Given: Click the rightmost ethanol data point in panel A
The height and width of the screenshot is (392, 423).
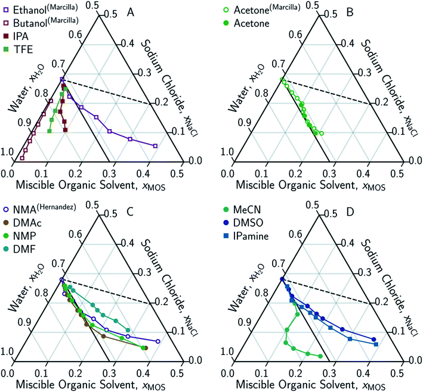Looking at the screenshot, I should coord(156,146).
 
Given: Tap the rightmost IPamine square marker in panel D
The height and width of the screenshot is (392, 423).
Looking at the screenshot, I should coord(376,344).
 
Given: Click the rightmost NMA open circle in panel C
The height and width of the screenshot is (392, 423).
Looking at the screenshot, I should coord(158,341).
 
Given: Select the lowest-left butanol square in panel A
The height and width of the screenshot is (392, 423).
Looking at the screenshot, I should coord(22,158).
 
